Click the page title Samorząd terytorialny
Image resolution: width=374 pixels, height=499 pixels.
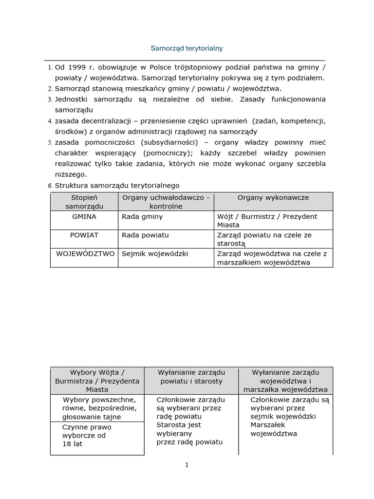187,48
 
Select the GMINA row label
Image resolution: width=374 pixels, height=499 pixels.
84,216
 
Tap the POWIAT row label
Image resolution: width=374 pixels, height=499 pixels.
84,235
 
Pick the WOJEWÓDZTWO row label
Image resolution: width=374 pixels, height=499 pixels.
85,253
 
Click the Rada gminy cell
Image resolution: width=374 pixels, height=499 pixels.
142,216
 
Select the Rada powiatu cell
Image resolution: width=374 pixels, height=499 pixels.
145,235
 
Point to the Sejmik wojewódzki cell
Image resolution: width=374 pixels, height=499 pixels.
154,253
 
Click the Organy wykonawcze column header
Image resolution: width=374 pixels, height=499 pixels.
273,197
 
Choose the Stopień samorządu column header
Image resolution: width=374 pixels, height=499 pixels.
84,202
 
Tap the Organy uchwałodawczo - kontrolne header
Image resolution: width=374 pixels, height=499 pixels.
166,202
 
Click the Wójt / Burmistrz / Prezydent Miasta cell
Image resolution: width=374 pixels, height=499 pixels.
267,220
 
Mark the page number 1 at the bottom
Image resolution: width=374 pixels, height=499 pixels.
187,465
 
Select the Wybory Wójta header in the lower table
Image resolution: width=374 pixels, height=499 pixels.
97,381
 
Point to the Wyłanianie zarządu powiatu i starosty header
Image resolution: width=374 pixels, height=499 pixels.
191,377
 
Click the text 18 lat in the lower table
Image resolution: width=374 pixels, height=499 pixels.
72,444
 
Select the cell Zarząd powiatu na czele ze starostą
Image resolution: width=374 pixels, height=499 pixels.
264,239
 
